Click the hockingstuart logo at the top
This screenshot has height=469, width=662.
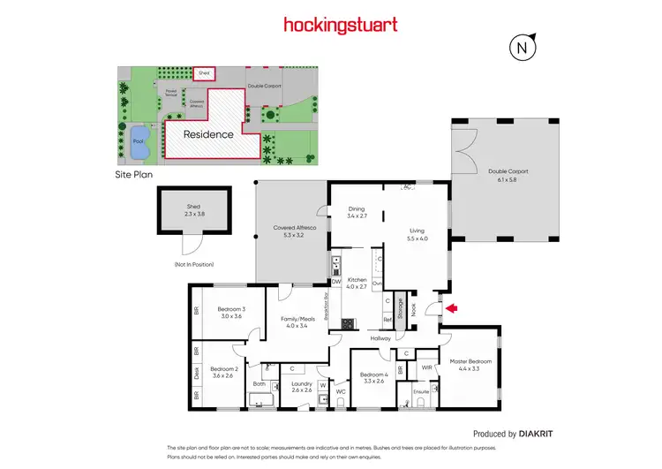pos(331,26)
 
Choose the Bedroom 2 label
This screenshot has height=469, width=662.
pos(224,373)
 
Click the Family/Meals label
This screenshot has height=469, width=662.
pos(295,321)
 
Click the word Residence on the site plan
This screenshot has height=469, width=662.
pos(208,135)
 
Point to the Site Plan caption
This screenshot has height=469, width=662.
pos(135,176)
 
